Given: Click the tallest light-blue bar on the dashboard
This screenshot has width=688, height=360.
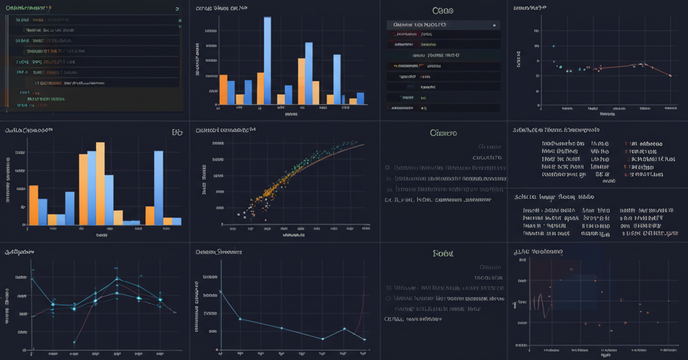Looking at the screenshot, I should (x=267, y=60).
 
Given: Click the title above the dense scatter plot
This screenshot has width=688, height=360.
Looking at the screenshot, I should (x=226, y=130).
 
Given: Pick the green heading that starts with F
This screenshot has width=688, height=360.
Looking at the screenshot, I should (x=443, y=254).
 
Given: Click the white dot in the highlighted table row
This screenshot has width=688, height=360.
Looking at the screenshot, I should (x=495, y=26).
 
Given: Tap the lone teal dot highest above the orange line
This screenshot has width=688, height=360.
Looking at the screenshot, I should (x=553, y=46).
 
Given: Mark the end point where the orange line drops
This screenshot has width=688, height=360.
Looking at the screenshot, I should (x=671, y=76).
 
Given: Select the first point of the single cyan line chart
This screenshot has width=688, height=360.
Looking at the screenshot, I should (x=220, y=291).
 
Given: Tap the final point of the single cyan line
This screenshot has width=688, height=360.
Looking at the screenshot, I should (x=364, y=340).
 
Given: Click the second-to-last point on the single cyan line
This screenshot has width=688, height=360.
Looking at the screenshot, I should (x=344, y=329).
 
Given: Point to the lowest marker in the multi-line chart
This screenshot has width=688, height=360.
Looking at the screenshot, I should (x=74, y=343).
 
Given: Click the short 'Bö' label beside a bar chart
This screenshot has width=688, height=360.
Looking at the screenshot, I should (x=177, y=133).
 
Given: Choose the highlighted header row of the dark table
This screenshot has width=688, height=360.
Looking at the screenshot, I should (x=443, y=25).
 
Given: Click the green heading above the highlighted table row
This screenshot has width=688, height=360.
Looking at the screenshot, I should (x=442, y=11).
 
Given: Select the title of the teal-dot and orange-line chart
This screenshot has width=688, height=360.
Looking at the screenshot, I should (x=529, y=8).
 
